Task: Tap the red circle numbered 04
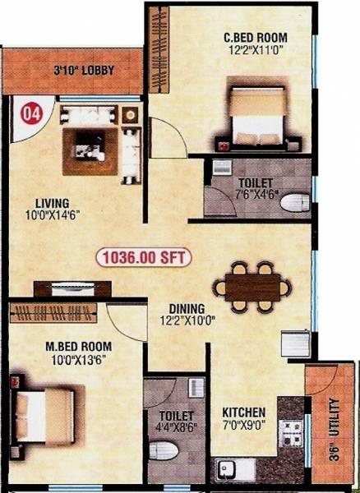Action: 31,109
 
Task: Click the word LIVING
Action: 51,202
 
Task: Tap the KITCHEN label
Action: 243,412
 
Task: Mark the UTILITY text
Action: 334,420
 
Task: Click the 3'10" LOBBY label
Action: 78,69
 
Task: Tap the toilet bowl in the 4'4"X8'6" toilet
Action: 163,454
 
